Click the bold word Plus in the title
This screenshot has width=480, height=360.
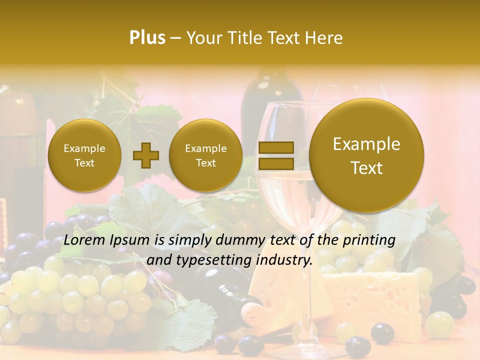(x=147, y=38)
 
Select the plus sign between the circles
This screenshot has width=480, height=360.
(x=145, y=155)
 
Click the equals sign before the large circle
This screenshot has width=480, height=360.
(x=275, y=155)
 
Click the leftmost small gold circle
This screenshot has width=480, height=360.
(x=84, y=155)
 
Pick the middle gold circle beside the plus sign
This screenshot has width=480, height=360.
(x=205, y=155)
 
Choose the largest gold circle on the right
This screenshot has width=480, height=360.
(x=366, y=155)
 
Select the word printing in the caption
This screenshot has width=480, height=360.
(x=369, y=240)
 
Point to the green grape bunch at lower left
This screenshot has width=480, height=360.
(x=75, y=295)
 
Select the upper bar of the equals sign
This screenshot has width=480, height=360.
(x=275, y=147)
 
